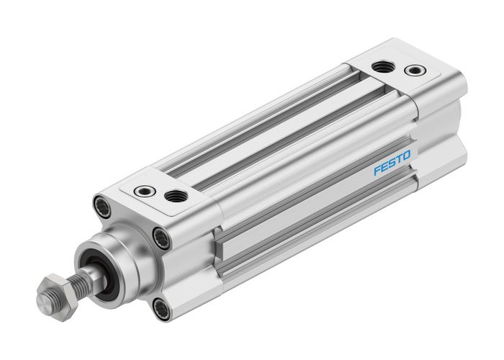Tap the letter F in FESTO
[x=376, y=171]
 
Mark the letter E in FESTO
[x=383, y=167]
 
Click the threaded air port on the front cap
[x=173, y=194]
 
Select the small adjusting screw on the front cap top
[x=143, y=192]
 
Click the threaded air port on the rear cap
[x=381, y=67]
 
